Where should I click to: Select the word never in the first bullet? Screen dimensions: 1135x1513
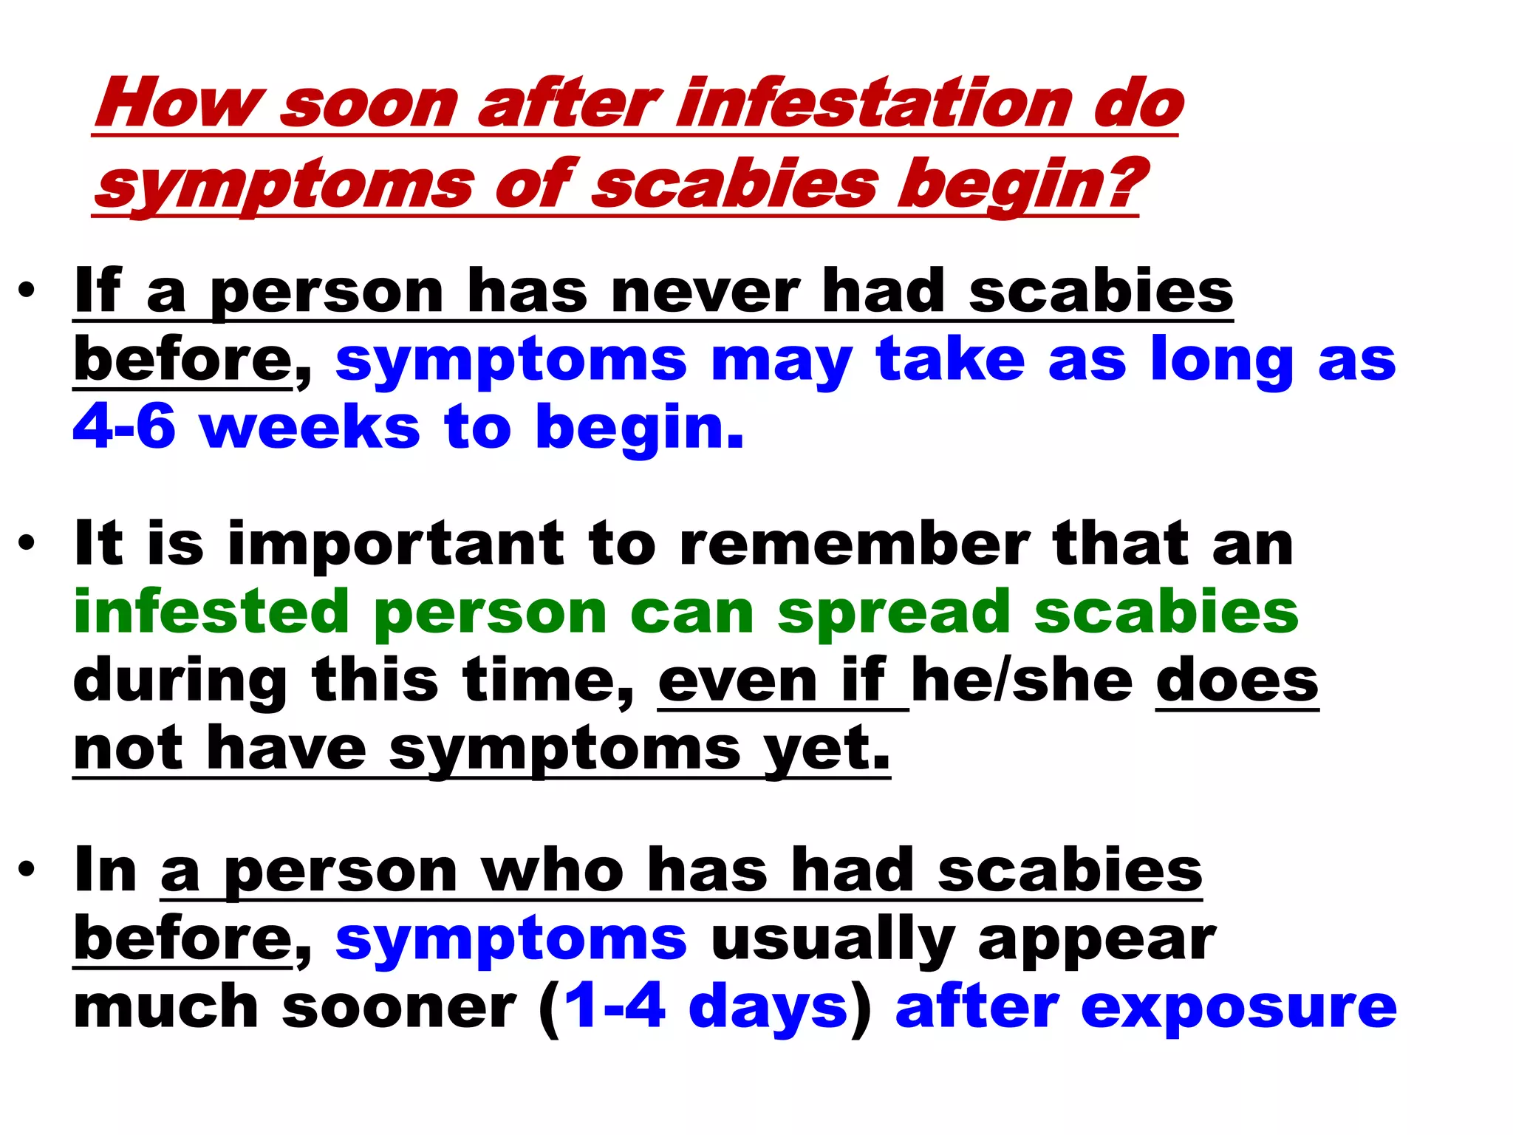tap(706, 291)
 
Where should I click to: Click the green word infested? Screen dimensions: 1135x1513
tap(211, 612)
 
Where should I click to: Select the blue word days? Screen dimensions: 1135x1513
tap(768, 1008)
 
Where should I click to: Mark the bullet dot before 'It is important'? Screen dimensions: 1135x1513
tap(27, 545)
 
